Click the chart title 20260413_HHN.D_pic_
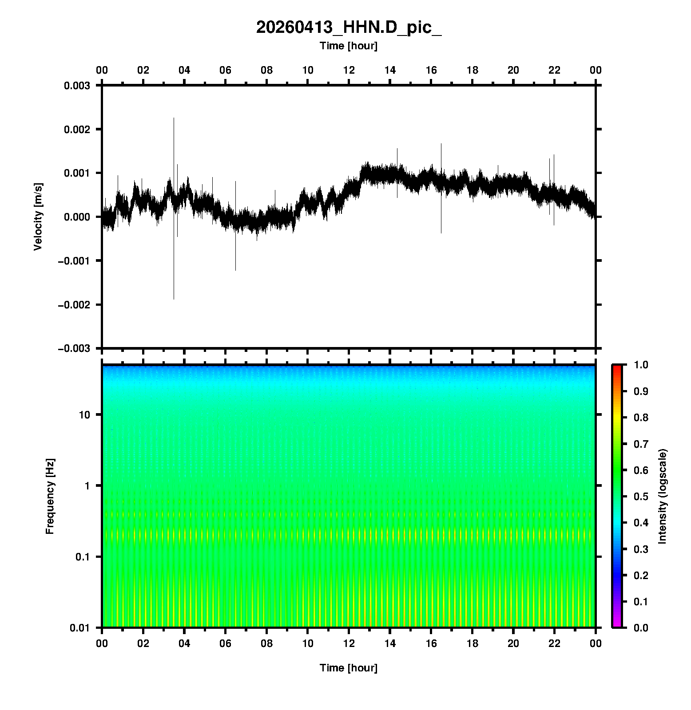349,28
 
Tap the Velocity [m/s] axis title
38,217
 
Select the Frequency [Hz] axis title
50,496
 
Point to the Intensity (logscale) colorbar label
663,496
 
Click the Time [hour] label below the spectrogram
349,668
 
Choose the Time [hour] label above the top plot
349,46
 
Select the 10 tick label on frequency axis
84,415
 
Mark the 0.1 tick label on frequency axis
82,557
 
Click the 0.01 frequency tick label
80,628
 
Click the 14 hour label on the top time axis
390,70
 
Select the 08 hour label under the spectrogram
266,643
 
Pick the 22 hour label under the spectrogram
555,643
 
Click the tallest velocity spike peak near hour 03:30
174,118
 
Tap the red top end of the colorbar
617,367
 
